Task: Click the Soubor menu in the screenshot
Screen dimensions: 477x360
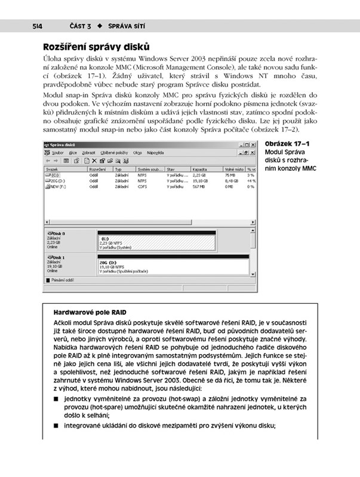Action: click(x=58, y=153)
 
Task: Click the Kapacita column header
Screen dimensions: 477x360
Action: click(x=201, y=170)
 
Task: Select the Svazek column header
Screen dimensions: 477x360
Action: click(x=53, y=170)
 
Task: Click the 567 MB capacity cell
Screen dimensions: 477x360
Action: click(x=200, y=186)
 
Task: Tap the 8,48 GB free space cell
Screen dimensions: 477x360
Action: click(x=232, y=181)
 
